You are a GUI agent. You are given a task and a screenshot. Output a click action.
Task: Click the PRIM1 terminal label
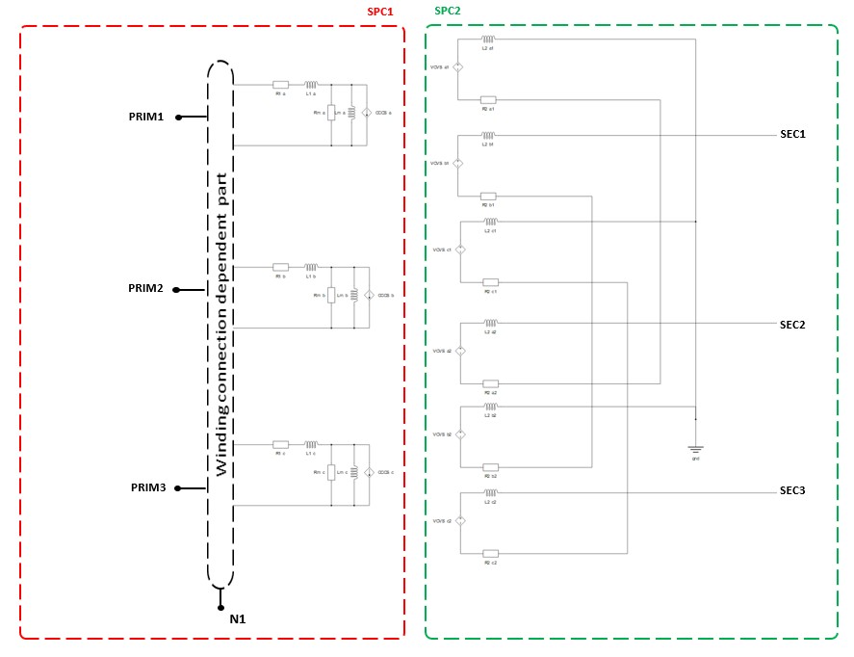tap(146, 117)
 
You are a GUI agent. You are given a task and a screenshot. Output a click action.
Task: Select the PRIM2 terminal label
tap(146, 288)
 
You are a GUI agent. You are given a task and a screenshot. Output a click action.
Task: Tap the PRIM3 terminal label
tap(148, 487)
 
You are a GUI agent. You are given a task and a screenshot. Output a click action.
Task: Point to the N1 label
tap(237, 618)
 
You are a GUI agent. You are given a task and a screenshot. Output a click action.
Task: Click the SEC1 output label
tap(792, 134)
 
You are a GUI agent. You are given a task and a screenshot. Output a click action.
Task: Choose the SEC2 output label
tap(792, 325)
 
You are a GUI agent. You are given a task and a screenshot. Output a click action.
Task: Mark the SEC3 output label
tap(792, 491)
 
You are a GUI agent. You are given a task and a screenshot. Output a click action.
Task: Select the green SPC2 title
tap(449, 11)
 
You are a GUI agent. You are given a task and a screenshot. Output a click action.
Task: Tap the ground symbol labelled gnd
tap(695, 448)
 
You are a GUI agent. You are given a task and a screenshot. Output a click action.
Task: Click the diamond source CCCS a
tap(366, 113)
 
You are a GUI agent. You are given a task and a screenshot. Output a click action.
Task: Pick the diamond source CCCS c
tap(368, 472)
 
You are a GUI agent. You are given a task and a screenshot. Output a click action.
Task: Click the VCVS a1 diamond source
tap(458, 67)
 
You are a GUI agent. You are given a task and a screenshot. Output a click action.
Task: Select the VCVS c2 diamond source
tap(460, 521)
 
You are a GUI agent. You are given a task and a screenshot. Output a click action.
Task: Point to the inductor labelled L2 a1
tap(487, 39)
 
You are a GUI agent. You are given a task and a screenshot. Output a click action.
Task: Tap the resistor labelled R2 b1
tap(488, 196)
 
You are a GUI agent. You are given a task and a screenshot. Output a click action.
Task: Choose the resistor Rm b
tap(331, 295)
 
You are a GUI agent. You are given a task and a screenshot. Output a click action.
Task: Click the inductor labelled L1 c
tap(311, 444)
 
